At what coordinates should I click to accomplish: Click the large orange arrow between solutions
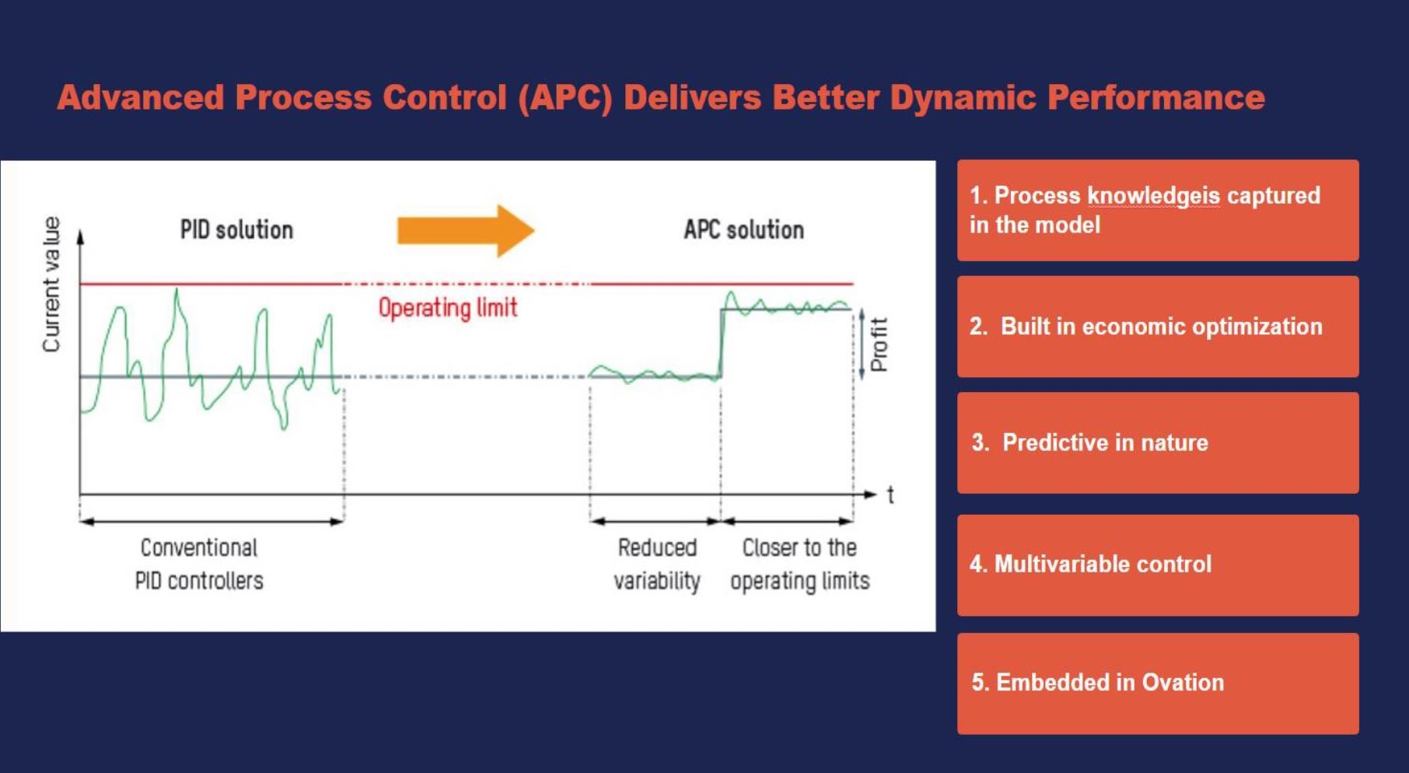point(465,231)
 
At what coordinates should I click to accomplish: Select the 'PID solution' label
point(236,230)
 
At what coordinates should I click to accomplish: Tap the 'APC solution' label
point(743,230)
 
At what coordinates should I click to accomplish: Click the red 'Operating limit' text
point(447,308)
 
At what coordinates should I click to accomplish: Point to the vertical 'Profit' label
point(879,345)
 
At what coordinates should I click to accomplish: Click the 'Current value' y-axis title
point(51,285)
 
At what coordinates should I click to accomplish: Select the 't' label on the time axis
point(890,495)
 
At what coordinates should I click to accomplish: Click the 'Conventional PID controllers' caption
point(199,564)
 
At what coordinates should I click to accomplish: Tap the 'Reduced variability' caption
point(657,564)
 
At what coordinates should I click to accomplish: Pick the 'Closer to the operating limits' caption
point(799,564)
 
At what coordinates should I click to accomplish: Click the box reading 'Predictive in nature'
point(1157,442)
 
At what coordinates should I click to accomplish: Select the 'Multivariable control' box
point(1157,565)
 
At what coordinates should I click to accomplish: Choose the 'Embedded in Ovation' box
point(1157,683)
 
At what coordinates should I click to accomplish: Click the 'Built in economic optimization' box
point(1157,327)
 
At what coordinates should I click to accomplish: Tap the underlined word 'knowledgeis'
point(1153,196)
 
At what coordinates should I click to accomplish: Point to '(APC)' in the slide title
point(565,98)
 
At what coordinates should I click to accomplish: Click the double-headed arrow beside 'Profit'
point(862,344)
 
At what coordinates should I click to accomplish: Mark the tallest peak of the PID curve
point(177,291)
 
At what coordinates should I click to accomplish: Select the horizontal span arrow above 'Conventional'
point(212,522)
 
